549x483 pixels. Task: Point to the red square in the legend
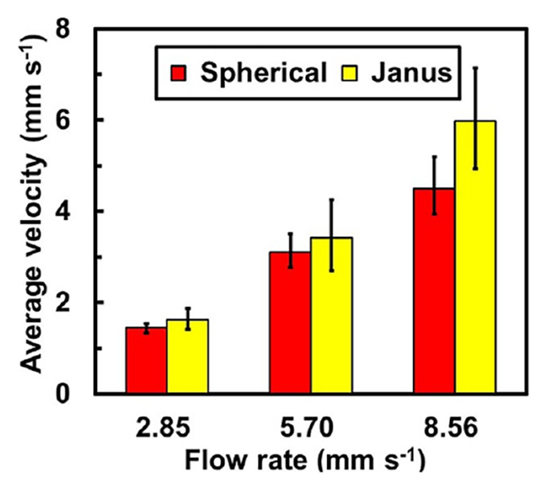coord(179,73)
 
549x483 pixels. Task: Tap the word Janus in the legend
coord(410,73)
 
